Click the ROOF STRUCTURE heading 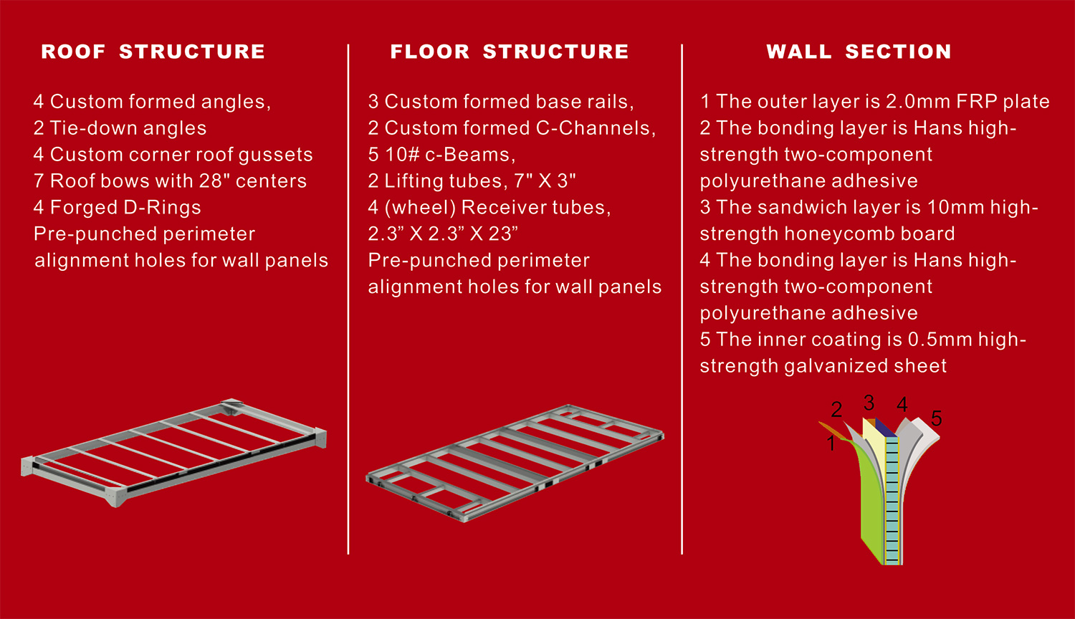pos(153,52)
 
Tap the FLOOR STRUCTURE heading pos(510,52)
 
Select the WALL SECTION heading pos(859,52)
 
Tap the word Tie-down pos(85,128)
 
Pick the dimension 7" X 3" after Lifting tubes pos(545,181)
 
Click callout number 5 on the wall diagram pos(936,418)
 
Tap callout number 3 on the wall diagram pos(869,403)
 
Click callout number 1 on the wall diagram pos(831,444)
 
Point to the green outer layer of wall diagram pos(869,502)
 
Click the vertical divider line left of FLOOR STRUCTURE pos(348,301)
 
